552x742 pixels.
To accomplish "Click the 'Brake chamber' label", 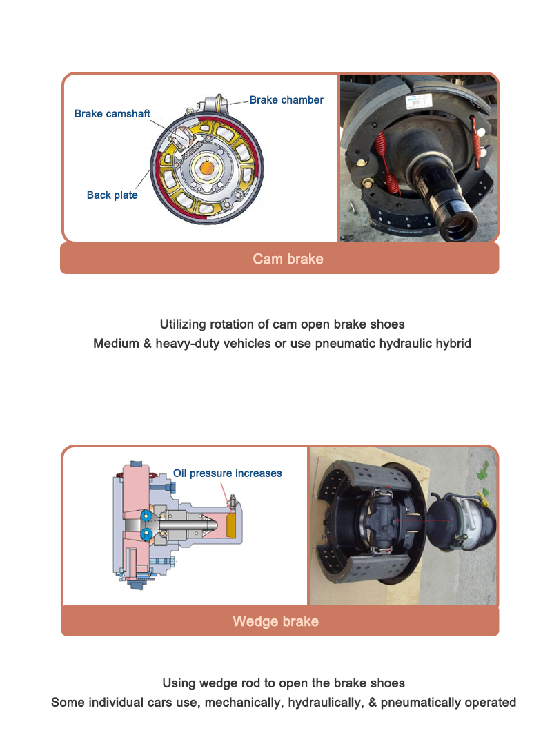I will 286,100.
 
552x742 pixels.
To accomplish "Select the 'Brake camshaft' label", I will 112,114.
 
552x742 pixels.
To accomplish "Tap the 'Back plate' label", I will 112,195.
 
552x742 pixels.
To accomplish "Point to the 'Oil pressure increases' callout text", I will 227,473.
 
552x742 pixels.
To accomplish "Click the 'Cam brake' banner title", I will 288,260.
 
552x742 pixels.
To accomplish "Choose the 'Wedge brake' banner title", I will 275,621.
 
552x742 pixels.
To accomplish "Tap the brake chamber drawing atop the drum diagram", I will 210,104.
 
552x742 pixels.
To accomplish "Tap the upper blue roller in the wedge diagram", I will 146,516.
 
